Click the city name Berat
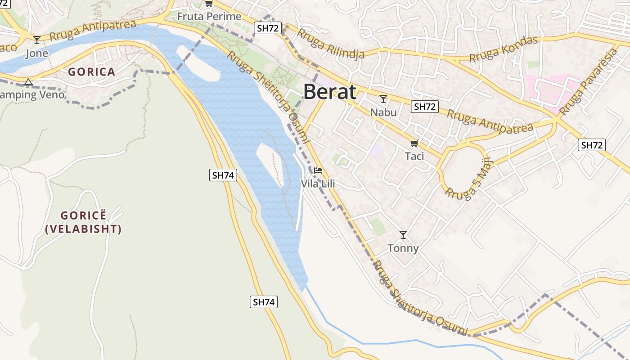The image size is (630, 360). pos(330,92)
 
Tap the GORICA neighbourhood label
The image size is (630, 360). pos(92,72)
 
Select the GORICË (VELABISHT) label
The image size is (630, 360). pos(84,222)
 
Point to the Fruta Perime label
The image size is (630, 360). pos(209,17)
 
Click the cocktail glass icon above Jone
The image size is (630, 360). pos(37,40)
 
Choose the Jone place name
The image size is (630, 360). pos(37,54)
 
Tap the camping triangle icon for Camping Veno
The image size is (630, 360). pos(28,82)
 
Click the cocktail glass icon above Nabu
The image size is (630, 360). pos(383,99)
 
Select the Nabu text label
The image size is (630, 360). pos(383,112)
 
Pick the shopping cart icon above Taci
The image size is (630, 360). pos(414,144)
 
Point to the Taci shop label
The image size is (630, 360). pos(414,156)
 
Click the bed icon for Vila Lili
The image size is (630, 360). pos(318,171)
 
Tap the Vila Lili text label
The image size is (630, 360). pos(318,184)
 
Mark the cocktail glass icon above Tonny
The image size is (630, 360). pos(403,235)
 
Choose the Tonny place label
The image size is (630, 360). pos(403,248)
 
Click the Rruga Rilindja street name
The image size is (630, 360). pos(330,44)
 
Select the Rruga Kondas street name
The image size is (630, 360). pos(504,49)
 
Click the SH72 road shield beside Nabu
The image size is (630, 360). pos(425,107)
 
